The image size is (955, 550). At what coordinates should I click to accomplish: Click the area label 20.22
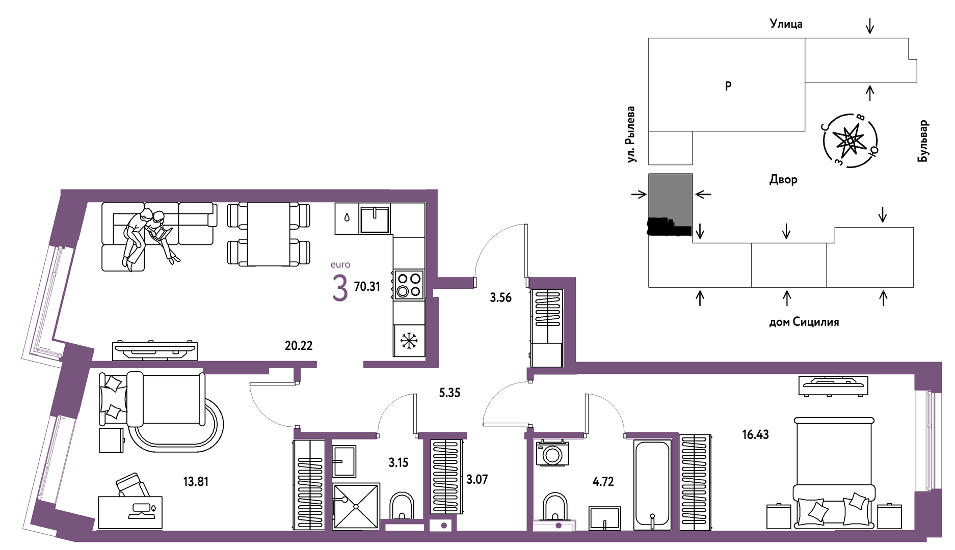tap(299, 345)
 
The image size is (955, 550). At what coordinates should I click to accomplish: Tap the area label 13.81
tap(196, 481)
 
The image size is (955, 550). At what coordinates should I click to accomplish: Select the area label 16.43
tap(755, 434)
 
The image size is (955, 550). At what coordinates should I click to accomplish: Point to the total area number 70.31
tap(367, 287)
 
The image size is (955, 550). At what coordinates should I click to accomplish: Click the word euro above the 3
tap(340, 265)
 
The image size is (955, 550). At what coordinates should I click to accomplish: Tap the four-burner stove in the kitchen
tap(409, 285)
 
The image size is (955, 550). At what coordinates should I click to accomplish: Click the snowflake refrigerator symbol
tap(409, 341)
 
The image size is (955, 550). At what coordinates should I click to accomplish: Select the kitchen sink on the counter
tap(375, 218)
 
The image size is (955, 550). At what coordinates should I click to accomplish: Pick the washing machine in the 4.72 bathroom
tap(552, 453)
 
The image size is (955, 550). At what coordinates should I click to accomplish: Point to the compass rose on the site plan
tap(850, 141)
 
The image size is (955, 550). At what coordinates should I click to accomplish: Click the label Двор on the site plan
tap(783, 179)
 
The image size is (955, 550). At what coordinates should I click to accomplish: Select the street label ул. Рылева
tap(631, 134)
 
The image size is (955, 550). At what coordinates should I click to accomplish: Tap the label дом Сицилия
tap(804, 322)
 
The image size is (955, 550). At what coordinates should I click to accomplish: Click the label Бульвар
tap(923, 141)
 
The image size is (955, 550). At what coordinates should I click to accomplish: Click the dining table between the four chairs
tap(269, 234)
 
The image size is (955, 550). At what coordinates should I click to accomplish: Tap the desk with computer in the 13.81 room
tap(130, 512)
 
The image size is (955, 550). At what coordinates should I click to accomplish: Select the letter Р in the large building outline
tap(728, 86)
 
